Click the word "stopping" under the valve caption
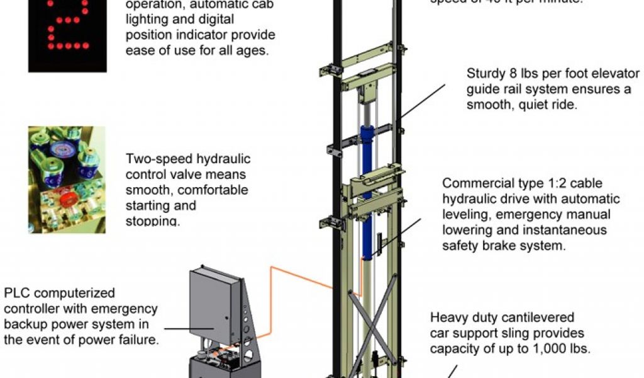tap(153, 221)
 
